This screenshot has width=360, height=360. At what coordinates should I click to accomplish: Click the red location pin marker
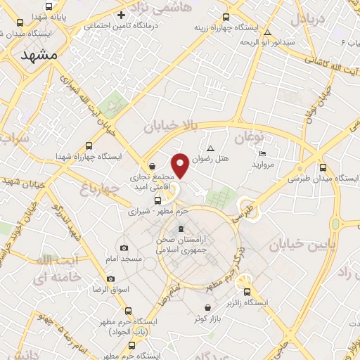click(181, 165)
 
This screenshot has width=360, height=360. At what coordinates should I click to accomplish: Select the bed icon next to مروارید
click(262, 153)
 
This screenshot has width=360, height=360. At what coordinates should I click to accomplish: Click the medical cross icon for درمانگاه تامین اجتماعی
click(122, 15)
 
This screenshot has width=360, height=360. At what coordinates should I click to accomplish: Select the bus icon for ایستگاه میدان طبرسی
click(323, 167)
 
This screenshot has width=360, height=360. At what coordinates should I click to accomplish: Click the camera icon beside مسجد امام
click(124, 247)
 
